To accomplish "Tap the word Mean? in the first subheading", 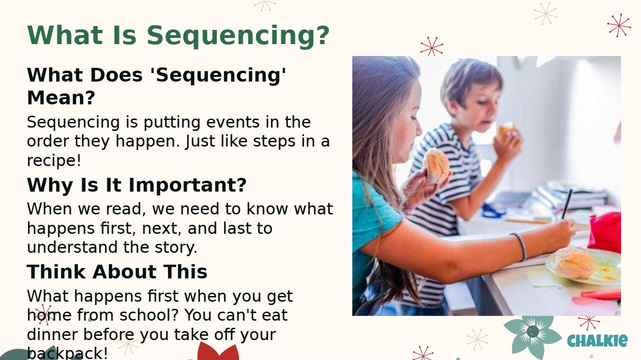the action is pos(61,98).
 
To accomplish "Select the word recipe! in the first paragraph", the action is pos(54,160).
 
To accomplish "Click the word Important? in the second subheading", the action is pos(188,185).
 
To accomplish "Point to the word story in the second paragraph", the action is pos(174,247).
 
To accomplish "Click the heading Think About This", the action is pos(117,271).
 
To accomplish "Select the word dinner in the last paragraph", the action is pos(52,334).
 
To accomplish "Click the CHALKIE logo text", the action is pos(597,341).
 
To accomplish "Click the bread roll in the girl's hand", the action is pos(436,166).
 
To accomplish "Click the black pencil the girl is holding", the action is pos(566,204).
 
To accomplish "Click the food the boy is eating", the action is pos(507,130).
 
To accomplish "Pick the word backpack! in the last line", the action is pos(67,353).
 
